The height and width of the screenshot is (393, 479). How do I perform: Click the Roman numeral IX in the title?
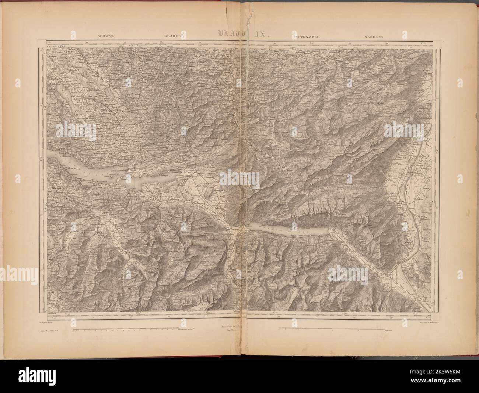click(262, 34)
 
